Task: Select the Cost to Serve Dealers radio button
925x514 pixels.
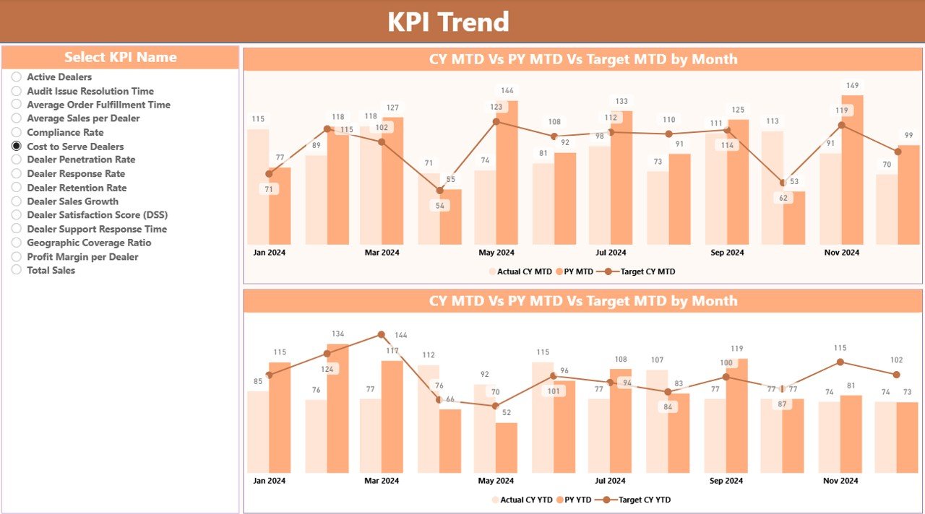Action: (x=17, y=146)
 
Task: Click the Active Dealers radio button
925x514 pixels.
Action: (x=17, y=77)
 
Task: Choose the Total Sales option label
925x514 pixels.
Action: (x=51, y=270)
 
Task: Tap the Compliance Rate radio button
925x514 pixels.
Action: (x=17, y=132)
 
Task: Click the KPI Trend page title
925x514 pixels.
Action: (x=448, y=22)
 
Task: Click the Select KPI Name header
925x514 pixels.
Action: (x=120, y=57)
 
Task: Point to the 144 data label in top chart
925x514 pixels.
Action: (x=507, y=91)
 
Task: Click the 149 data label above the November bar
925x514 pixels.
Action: (x=852, y=86)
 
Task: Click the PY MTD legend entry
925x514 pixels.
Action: (x=575, y=272)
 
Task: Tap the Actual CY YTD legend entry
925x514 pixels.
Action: (x=524, y=500)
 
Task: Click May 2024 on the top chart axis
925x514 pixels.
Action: (x=496, y=253)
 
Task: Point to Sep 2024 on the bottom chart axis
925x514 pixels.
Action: (x=726, y=481)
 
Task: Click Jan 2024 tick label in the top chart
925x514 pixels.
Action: (x=269, y=253)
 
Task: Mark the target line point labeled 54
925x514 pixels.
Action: (x=439, y=191)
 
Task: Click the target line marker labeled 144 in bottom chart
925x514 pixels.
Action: (x=382, y=335)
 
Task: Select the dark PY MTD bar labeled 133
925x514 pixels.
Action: (x=621, y=177)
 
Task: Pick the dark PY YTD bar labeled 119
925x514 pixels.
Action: (x=736, y=415)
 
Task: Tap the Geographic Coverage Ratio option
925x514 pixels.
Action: (x=89, y=243)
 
